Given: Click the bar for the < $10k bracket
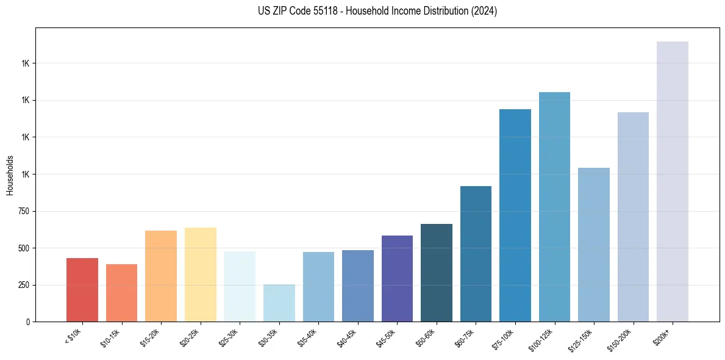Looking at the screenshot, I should point(82,290).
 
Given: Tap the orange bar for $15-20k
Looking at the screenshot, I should point(161,276).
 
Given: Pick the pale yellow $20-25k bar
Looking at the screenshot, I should point(201,275).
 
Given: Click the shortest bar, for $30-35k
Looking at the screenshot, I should point(279,303).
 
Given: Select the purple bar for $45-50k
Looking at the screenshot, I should point(397,279).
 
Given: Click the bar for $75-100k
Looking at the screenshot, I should point(515,215).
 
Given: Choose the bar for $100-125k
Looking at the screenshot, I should point(554,207).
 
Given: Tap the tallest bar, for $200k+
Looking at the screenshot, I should point(673,182).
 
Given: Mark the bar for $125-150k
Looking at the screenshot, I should point(594,245).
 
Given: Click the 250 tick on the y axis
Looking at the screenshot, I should point(29,285).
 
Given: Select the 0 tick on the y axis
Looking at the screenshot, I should point(33,322).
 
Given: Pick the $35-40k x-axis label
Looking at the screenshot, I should point(309,337).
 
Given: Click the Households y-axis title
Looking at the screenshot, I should point(10,175).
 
